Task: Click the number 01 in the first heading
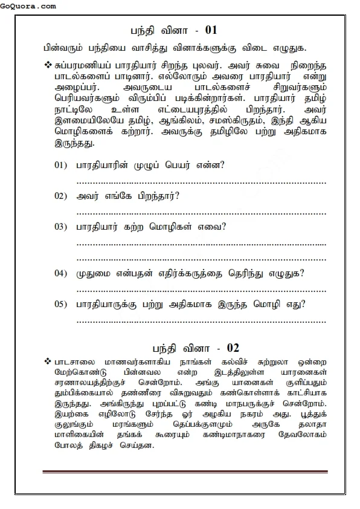pyautogui.click(x=211, y=30)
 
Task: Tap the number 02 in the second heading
pyautogui.click(x=233, y=348)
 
